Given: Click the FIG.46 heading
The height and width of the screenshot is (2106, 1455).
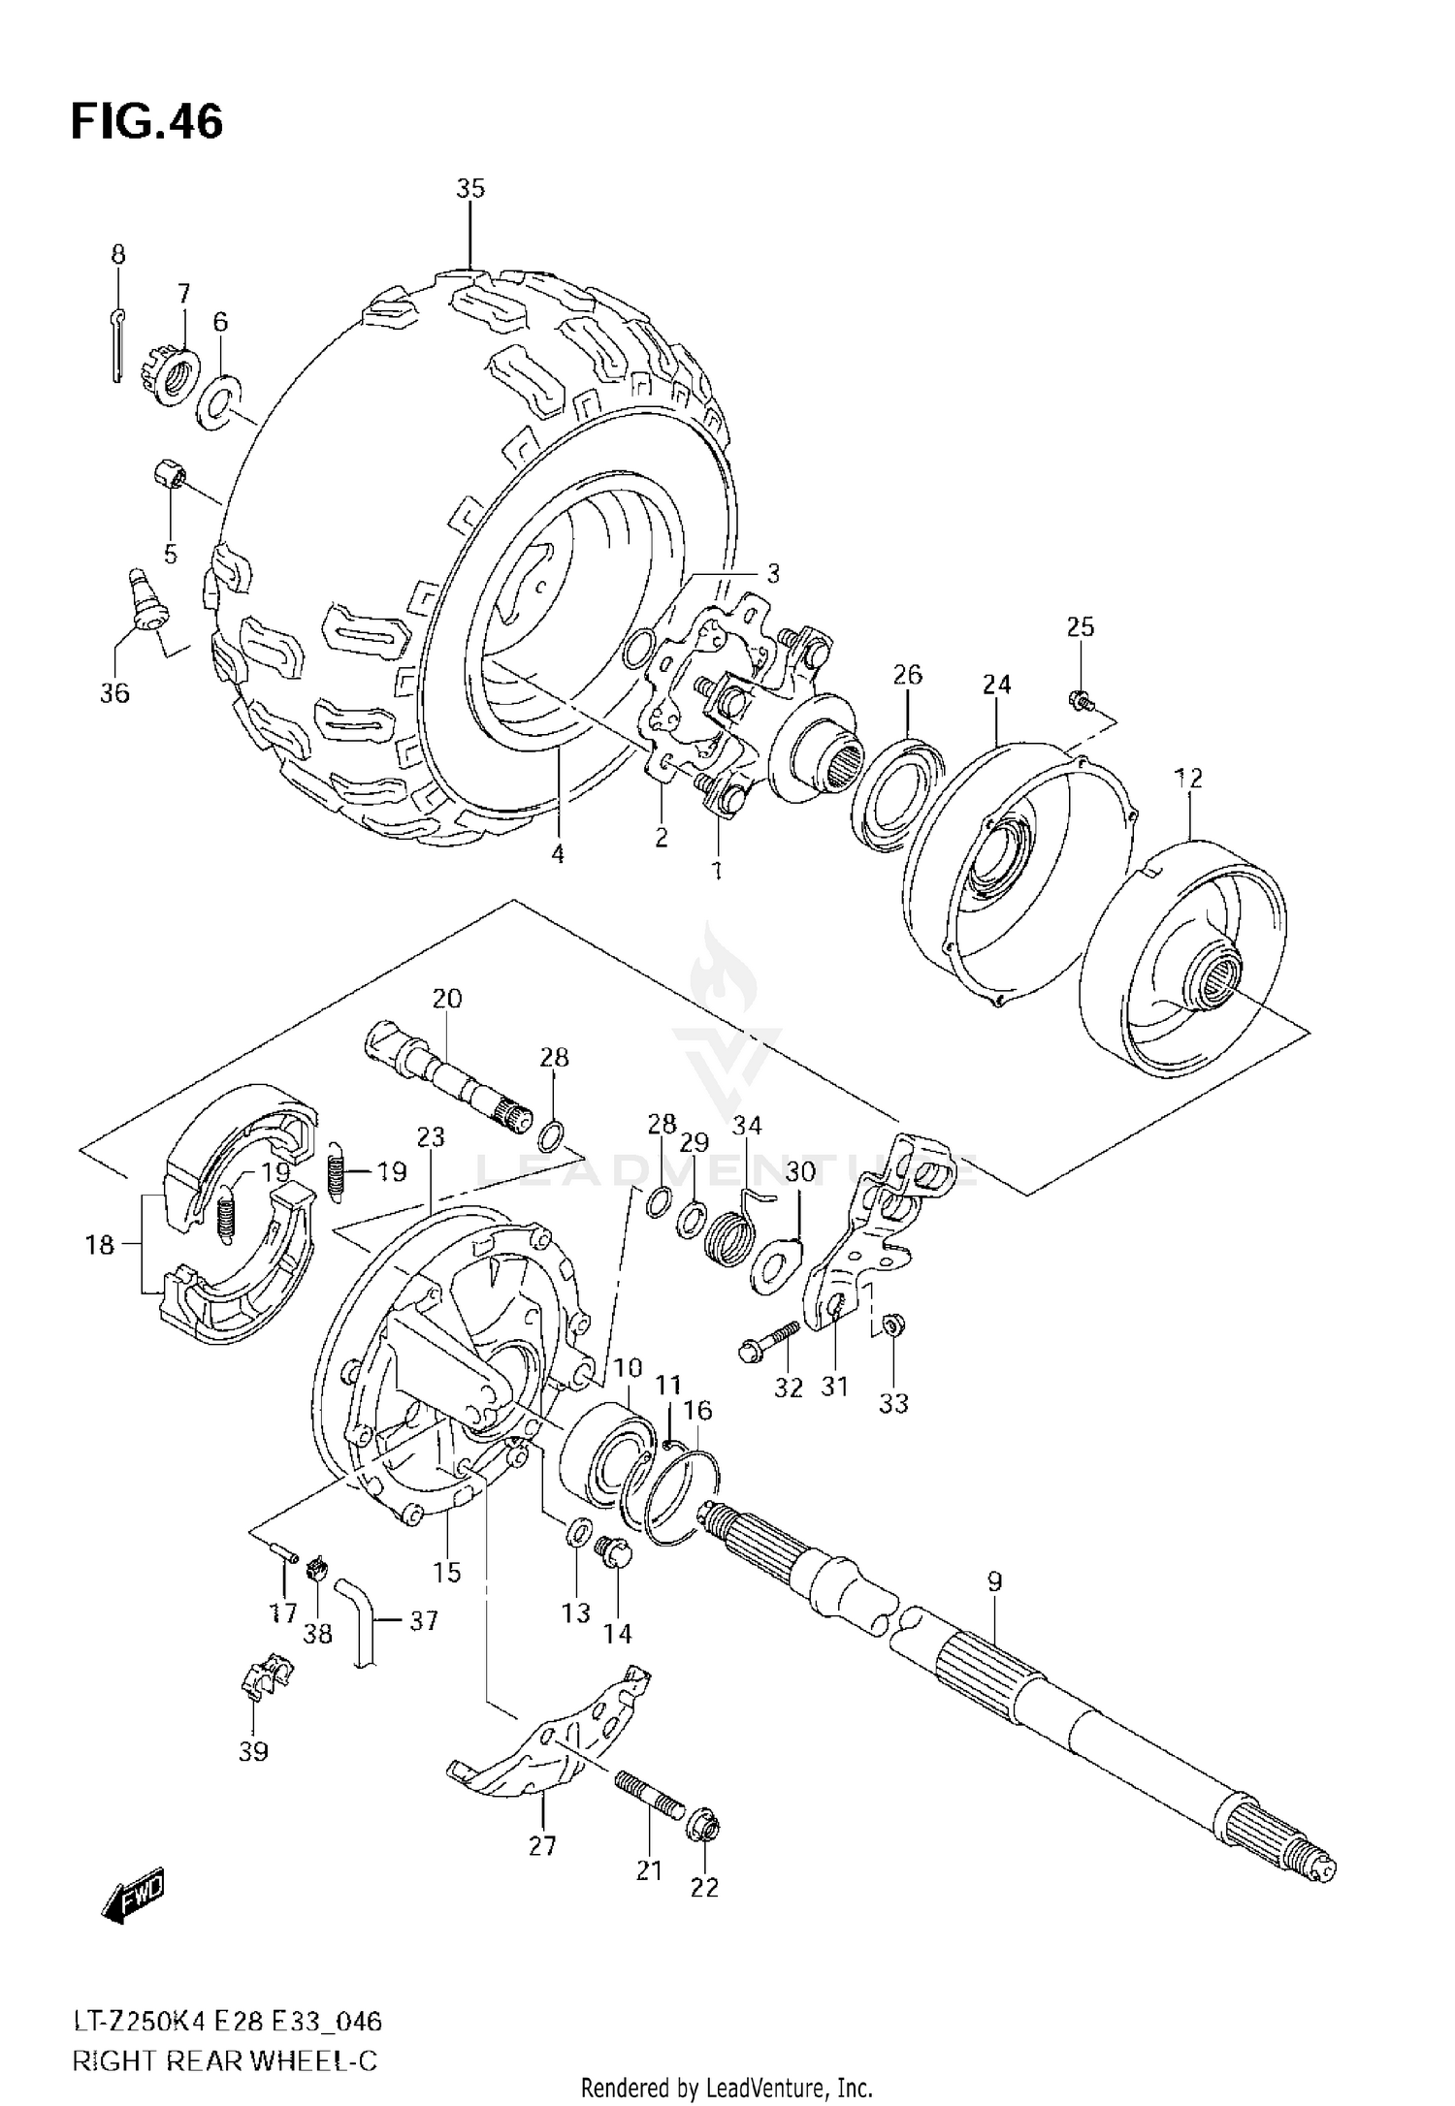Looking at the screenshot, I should (x=146, y=122).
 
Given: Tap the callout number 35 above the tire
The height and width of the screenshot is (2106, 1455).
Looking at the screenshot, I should (x=470, y=189).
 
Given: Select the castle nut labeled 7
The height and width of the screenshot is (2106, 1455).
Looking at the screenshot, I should (x=176, y=376).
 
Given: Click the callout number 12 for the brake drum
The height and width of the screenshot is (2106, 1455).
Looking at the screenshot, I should (x=1188, y=778).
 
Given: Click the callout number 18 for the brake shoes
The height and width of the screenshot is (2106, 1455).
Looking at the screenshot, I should (x=100, y=1245).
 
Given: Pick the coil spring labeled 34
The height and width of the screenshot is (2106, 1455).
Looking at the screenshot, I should (x=733, y=1238).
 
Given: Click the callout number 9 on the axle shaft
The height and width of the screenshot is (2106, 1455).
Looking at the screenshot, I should (x=994, y=1581).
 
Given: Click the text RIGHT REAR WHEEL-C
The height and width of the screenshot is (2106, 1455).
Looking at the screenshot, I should (x=224, y=2059).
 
